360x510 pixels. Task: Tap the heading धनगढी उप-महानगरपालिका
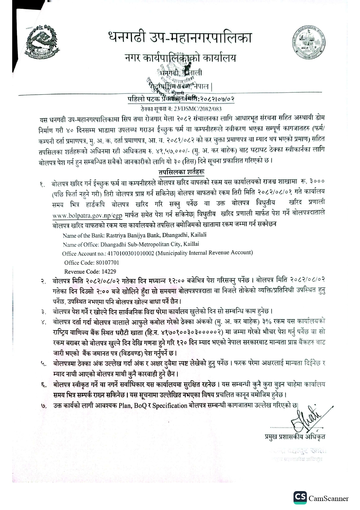pyautogui.click(x=179, y=38)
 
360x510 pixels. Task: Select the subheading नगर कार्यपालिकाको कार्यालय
pyautogui.click(x=180, y=58)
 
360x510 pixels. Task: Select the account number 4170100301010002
pyautogui.click(x=131, y=253)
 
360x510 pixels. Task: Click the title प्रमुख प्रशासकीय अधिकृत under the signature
pyautogui.click(x=295, y=436)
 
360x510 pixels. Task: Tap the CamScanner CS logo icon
pyautogui.click(x=300, y=498)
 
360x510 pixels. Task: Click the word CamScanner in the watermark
pyautogui.click(x=328, y=499)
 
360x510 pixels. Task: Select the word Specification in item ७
pyautogui.click(x=170, y=405)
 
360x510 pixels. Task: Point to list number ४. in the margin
pyautogui.click(x=44, y=322)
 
